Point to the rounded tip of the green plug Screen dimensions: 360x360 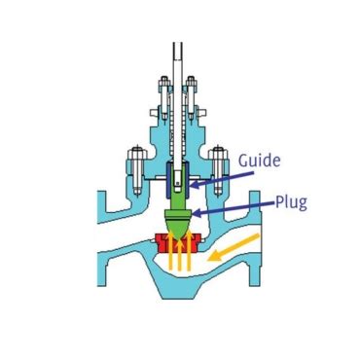click(x=178, y=228)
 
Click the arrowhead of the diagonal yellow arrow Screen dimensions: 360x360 click(x=213, y=261)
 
